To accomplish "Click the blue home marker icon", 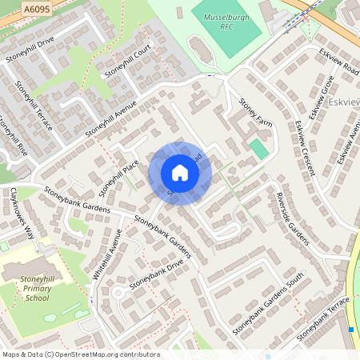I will point(180,173).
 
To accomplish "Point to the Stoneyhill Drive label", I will point(30,49).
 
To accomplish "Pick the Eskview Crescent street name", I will point(305,148).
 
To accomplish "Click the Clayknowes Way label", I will point(22,214).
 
